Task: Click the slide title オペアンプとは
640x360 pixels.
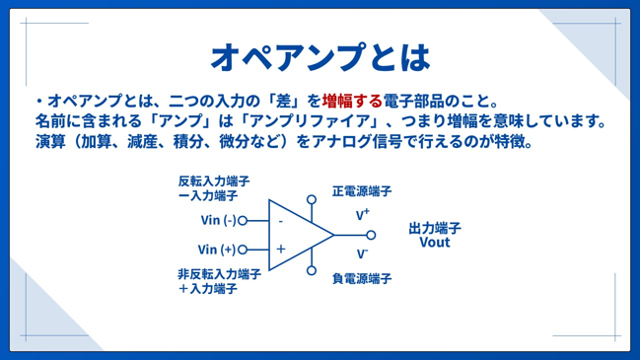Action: pos(320,57)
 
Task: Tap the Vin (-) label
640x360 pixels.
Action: pos(218,220)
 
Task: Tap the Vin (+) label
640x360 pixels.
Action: pos(217,250)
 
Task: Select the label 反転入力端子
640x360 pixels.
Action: pos(214,180)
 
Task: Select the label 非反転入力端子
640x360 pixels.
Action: pos(219,274)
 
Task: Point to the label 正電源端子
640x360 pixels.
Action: pos(362,191)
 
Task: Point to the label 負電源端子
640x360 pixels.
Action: pos(362,279)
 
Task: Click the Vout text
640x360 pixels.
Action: pos(435,243)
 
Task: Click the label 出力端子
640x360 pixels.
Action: pos(435,228)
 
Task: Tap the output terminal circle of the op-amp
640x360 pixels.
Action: pos(371,235)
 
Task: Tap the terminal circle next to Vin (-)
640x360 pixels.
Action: pos(243,221)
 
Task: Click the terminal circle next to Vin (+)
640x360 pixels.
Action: pos(243,250)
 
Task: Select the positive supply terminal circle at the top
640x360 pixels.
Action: pos(312,199)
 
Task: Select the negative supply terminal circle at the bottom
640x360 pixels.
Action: pos(312,270)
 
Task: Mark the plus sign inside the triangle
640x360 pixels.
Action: pos(281,249)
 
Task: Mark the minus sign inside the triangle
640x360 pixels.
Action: pos(281,222)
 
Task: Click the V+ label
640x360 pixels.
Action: pos(363,214)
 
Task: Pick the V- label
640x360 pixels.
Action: pos(362,253)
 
